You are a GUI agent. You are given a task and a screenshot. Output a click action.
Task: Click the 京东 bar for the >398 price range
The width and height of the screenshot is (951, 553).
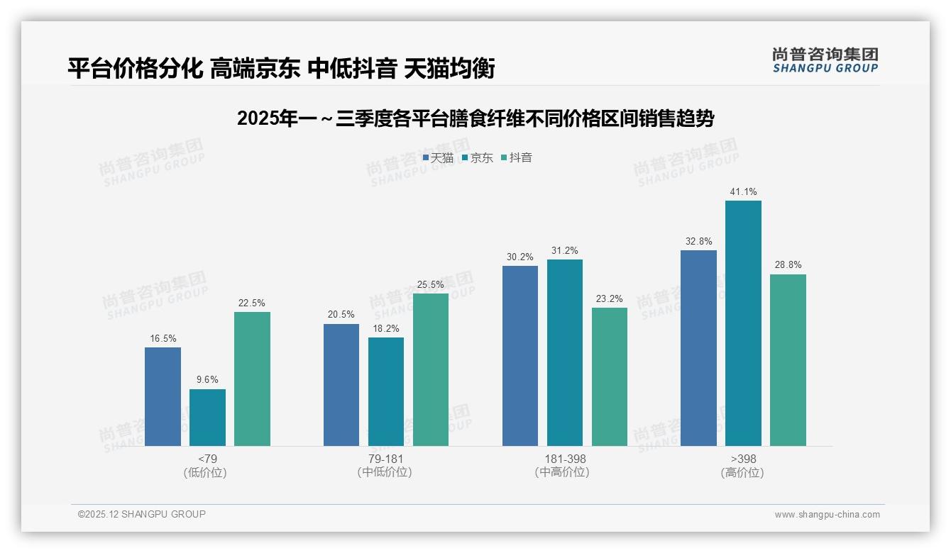743,323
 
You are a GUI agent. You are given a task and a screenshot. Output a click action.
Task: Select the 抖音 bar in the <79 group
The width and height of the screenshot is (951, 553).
252,379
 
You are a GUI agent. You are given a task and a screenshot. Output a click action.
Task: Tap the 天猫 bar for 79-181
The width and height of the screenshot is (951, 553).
341,385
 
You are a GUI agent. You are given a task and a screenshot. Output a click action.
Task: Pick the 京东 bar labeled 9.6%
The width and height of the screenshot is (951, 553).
207,418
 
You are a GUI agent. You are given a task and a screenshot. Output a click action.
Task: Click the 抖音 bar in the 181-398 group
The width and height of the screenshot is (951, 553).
610,376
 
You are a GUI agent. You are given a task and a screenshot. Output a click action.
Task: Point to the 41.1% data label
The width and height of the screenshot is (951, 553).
743,192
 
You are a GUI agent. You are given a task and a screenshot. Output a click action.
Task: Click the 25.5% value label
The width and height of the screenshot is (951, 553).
431,285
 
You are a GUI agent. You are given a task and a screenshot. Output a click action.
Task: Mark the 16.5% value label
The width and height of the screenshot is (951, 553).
163,339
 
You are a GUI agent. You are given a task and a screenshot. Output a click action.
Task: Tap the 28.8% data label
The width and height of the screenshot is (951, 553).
788,265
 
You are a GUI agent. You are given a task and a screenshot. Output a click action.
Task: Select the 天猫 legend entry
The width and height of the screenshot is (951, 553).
438,158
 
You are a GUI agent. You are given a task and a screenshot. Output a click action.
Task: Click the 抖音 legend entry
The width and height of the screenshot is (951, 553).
517,158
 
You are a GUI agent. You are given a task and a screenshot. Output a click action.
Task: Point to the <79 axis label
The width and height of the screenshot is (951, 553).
207,459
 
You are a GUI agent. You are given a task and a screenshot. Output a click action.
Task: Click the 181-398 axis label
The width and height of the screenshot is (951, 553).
565,459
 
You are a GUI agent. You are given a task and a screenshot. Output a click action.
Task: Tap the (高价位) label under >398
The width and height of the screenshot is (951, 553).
742,473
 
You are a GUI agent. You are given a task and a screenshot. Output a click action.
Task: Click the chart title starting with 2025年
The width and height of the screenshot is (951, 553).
475,119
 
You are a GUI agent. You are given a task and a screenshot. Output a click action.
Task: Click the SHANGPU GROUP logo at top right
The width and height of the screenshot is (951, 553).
825,60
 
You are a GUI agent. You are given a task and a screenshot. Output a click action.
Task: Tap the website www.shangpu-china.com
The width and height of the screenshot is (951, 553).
827,515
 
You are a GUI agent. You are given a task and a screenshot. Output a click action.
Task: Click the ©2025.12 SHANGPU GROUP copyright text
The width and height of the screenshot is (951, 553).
142,515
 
